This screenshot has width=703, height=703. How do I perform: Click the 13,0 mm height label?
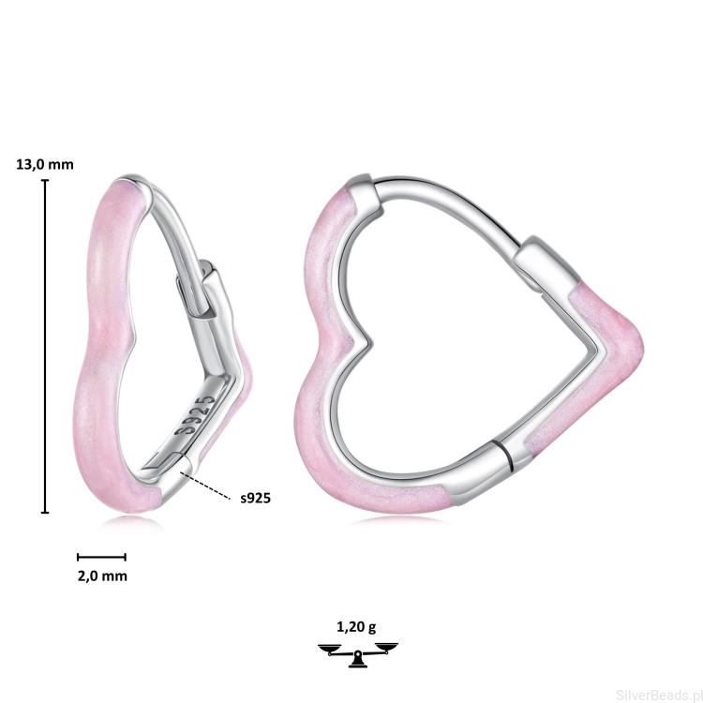[x=45, y=165]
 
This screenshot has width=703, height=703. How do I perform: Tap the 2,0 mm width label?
[x=102, y=576]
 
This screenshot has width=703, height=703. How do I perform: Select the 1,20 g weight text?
[x=356, y=627]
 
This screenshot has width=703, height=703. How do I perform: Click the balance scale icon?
[x=358, y=654]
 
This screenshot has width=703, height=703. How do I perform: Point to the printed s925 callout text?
[x=256, y=498]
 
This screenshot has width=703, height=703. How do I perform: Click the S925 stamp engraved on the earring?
[x=195, y=414]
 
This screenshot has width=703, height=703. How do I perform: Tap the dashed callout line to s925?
[x=205, y=486]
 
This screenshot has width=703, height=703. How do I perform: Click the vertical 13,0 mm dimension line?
[x=45, y=346]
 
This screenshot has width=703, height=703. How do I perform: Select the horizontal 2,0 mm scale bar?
[x=101, y=558]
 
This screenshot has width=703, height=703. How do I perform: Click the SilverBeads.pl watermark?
[x=659, y=695]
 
